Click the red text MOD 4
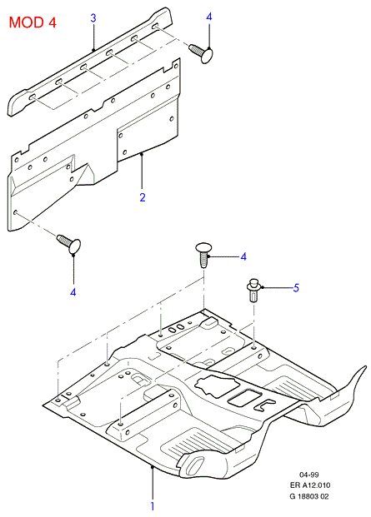[x=33, y=22]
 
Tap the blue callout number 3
[x=93, y=17]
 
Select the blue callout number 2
[x=143, y=197]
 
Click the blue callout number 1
[x=153, y=506]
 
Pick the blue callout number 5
[x=296, y=288]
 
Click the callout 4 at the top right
[x=209, y=17]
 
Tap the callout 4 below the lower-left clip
[x=73, y=292]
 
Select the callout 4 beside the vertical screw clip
[x=243, y=256]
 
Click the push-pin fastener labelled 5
[x=253, y=290]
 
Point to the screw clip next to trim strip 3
[x=201, y=53]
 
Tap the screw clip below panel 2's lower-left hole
[x=69, y=244]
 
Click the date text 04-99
[x=309, y=475]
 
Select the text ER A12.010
[x=310, y=485]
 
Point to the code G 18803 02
[x=309, y=496]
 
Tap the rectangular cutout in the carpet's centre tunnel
[x=244, y=398]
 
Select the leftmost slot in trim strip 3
[x=33, y=97]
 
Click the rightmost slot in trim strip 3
[x=156, y=26]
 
